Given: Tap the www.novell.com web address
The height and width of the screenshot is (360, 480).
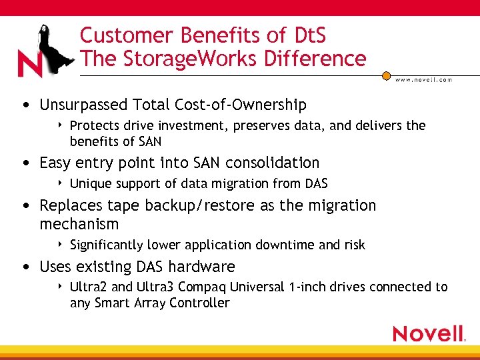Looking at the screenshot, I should pyautogui.click(x=423, y=79).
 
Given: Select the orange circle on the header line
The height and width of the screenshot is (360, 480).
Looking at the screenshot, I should pyautogui.click(x=386, y=76).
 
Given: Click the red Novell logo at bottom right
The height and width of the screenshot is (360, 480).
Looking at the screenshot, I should pyautogui.click(x=429, y=333).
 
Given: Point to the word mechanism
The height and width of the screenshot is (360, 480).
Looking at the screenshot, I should pyautogui.click(x=79, y=224).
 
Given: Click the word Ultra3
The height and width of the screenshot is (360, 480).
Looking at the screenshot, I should pyautogui.click(x=157, y=287).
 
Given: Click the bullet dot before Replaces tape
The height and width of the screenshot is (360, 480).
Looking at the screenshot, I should pyautogui.click(x=25, y=206).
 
